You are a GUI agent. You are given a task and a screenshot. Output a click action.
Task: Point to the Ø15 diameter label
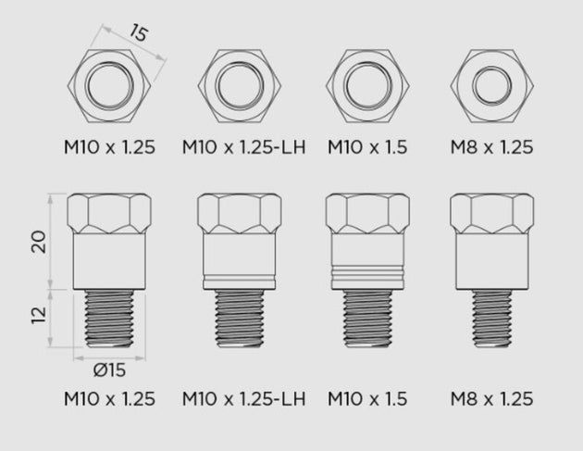109,371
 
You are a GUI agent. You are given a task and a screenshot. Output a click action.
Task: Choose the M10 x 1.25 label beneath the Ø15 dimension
108,399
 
